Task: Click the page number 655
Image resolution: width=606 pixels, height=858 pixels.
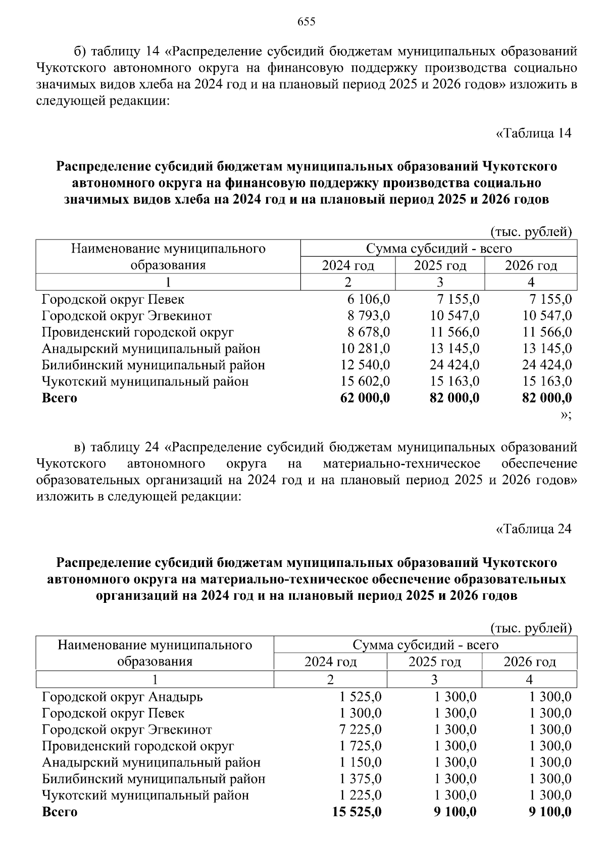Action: [307, 21]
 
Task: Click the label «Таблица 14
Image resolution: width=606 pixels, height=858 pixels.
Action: [534, 133]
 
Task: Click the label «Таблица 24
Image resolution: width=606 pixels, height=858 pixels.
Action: [534, 529]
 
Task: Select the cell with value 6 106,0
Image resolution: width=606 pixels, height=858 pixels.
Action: [368, 299]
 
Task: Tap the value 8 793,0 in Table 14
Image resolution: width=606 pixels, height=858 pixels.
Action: [368, 316]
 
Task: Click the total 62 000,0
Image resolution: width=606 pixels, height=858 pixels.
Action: [365, 398]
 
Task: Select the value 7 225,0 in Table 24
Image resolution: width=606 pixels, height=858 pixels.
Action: [361, 730]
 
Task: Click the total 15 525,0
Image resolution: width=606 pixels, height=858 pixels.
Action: [357, 812]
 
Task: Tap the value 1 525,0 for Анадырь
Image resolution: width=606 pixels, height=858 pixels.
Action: [361, 697]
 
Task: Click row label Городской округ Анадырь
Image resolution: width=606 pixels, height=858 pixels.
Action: [122, 697]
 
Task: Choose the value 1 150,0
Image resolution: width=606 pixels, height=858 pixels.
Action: [361, 762]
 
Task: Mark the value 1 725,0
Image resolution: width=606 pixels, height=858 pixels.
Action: [361, 746]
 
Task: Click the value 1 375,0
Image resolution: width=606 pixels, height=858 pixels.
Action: [361, 779]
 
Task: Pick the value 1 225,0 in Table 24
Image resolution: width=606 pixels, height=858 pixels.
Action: [361, 795]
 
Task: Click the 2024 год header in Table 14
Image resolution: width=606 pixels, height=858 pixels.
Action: [348, 265]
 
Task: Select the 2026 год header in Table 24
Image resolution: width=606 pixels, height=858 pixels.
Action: [529, 662]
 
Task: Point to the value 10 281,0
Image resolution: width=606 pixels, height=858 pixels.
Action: [365, 349]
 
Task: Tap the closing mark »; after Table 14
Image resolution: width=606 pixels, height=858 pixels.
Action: [566, 415]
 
